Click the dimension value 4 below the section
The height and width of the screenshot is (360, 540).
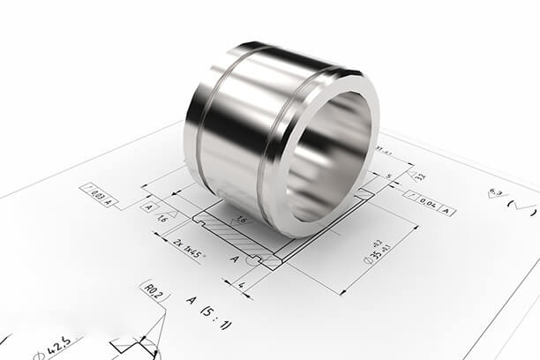pos(241,285)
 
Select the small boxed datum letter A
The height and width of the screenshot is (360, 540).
pos(147,206)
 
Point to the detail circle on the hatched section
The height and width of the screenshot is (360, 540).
pos(253,259)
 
